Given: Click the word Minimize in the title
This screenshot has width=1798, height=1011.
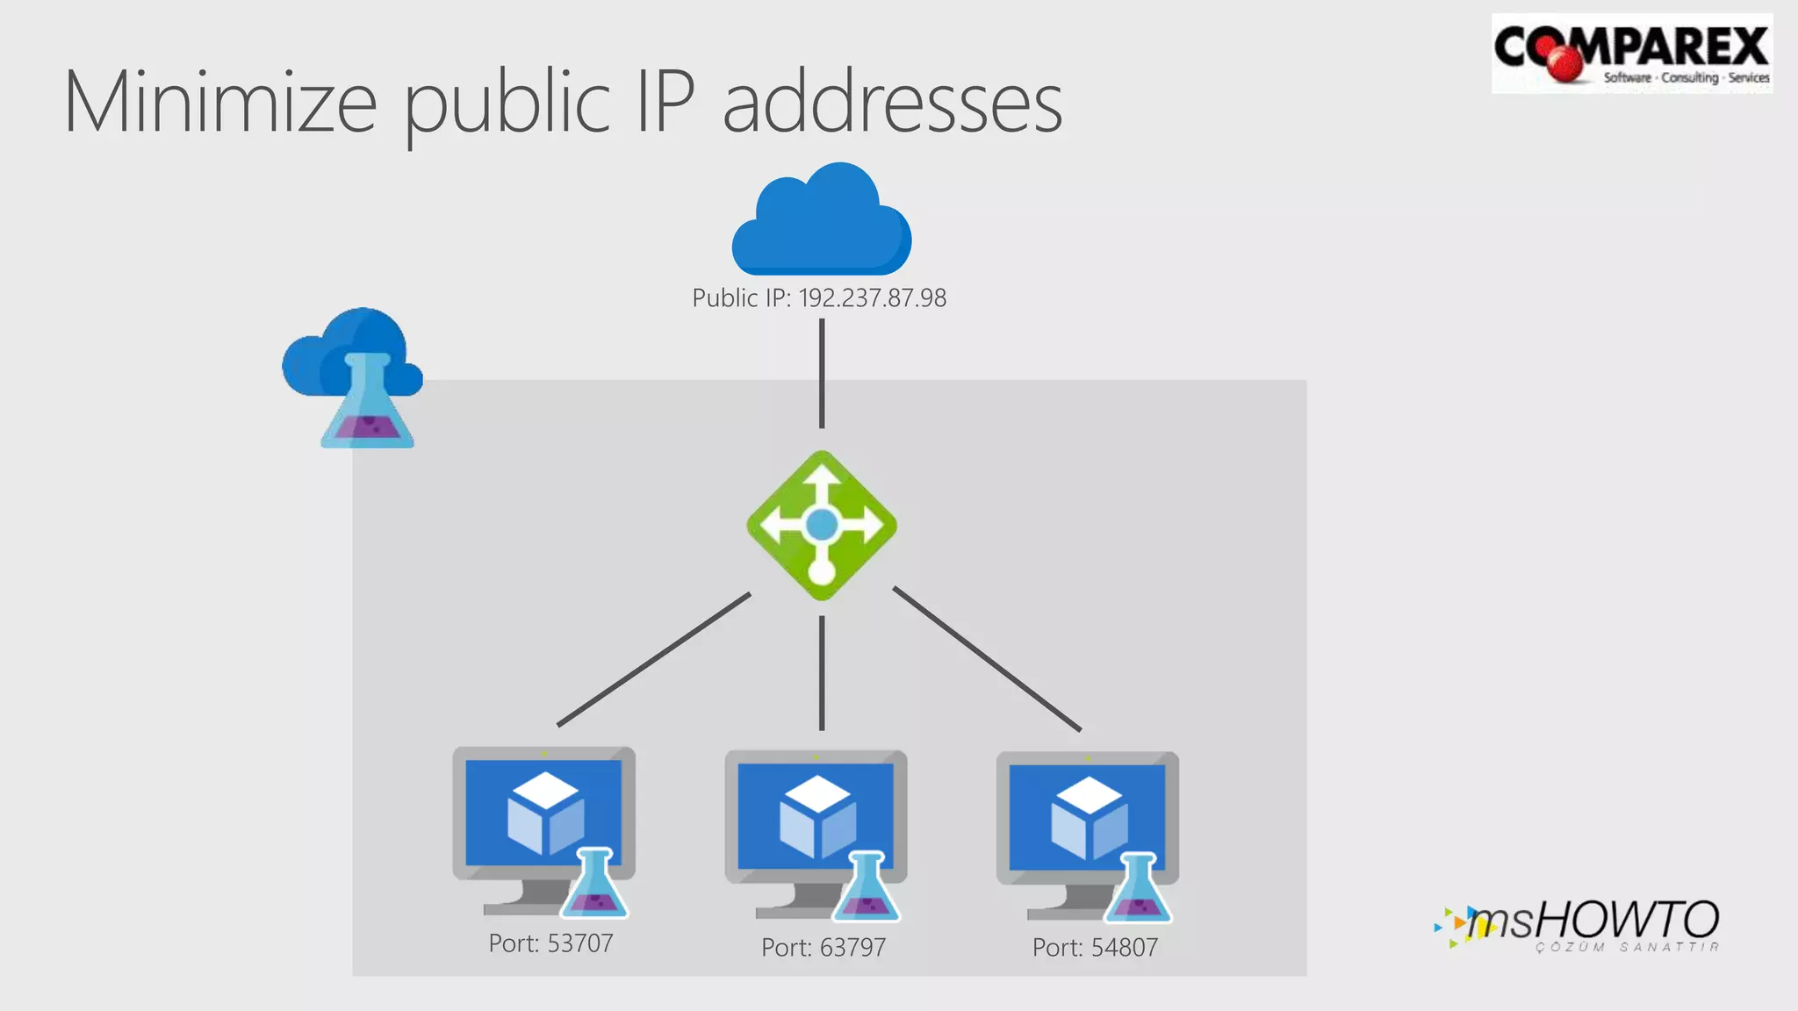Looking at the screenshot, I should point(220,104).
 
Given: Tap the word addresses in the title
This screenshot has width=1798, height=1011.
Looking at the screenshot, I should point(892,104).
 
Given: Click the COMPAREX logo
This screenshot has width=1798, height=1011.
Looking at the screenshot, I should point(1631,53).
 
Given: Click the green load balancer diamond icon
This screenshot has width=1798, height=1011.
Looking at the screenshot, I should point(822,526).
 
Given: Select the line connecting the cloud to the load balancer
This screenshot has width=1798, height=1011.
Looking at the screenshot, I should point(822,373).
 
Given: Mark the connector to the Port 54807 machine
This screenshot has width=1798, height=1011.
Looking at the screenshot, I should point(987,659).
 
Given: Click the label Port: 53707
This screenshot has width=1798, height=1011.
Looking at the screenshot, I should point(550,944).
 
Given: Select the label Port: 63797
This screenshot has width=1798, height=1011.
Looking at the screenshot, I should point(823,948).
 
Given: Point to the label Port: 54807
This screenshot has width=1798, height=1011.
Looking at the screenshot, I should point(1095,948).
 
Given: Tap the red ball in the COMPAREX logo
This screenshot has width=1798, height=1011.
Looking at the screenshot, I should point(1566,62).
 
